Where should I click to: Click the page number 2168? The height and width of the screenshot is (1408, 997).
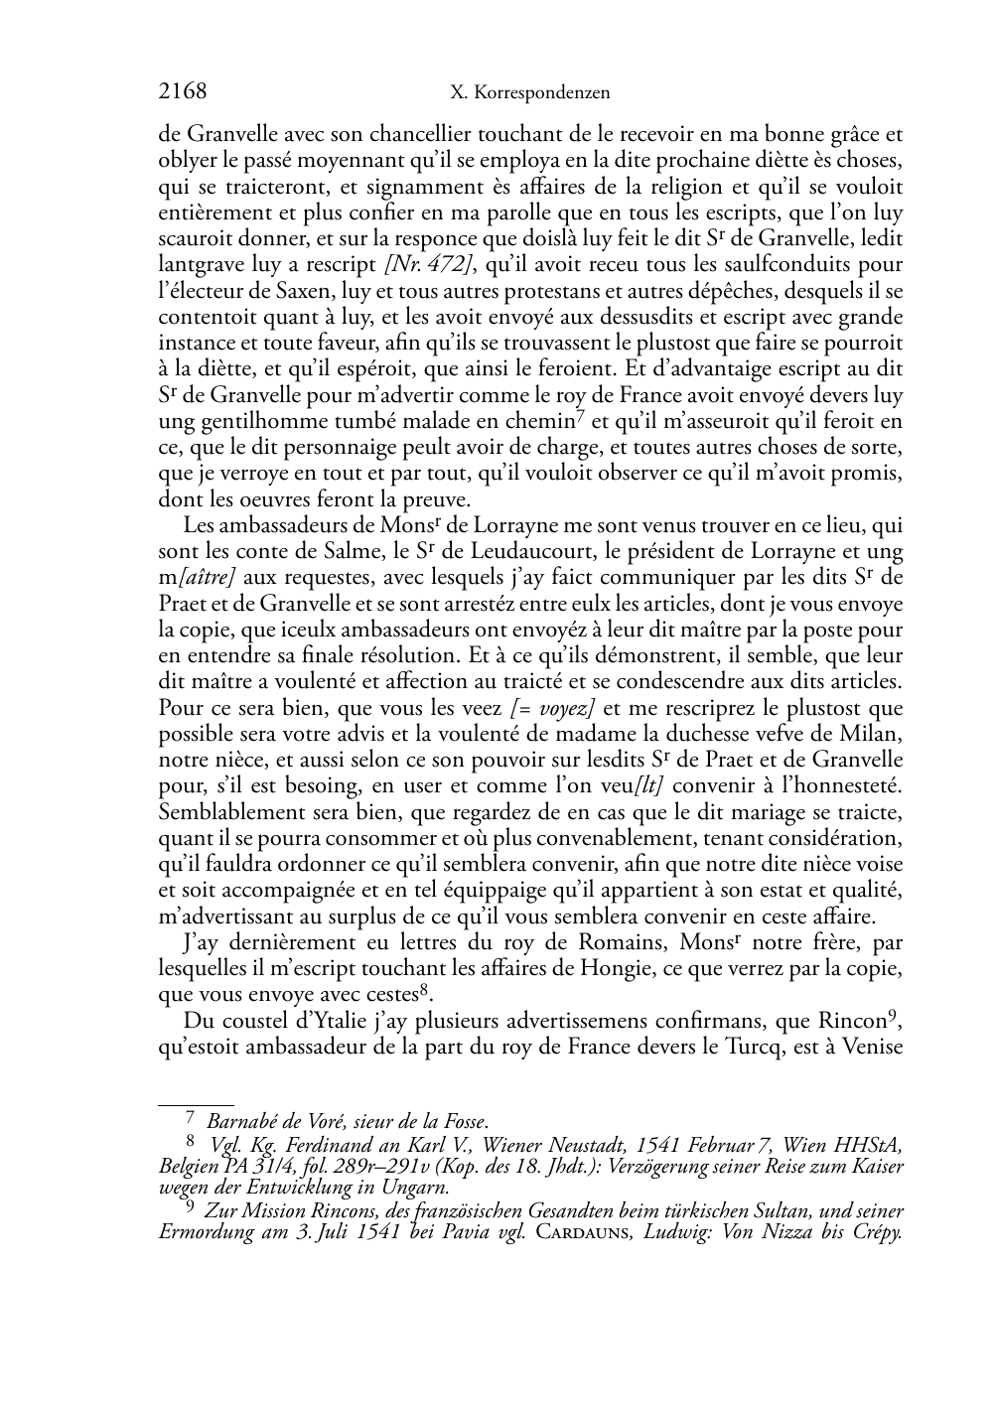tap(183, 92)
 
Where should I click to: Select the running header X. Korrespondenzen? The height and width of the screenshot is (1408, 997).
tap(529, 93)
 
